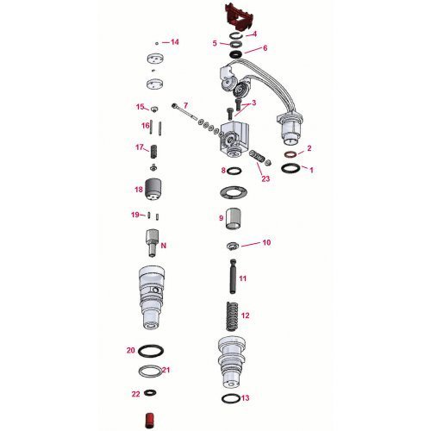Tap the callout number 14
pyautogui.click(x=175, y=41)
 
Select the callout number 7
pyautogui.click(x=184, y=105)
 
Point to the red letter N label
pyautogui.click(x=163, y=245)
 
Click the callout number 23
pyautogui.click(x=265, y=178)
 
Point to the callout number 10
pyautogui.click(x=266, y=243)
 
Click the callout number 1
pyautogui.click(x=312, y=170)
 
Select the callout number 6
pyautogui.click(x=265, y=48)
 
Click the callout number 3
pyautogui.click(x=253, y=103)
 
